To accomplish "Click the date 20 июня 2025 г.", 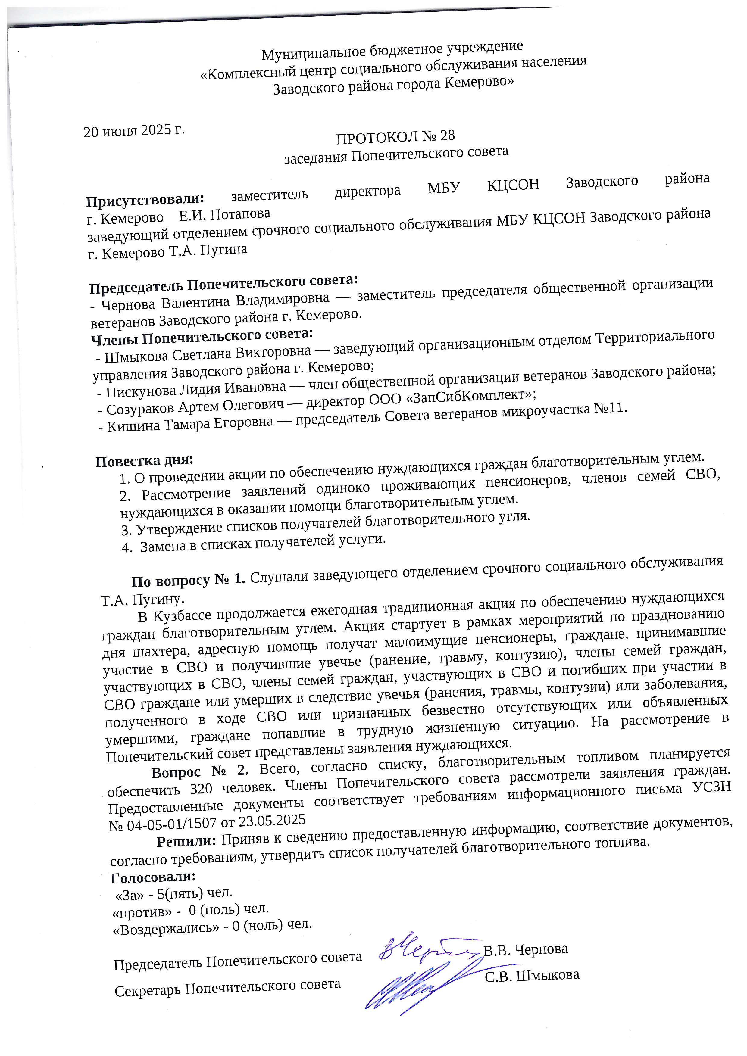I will tap(134, 131).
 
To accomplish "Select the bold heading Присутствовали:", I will tap(145, 200).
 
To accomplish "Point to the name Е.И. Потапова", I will tap(224, 215).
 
